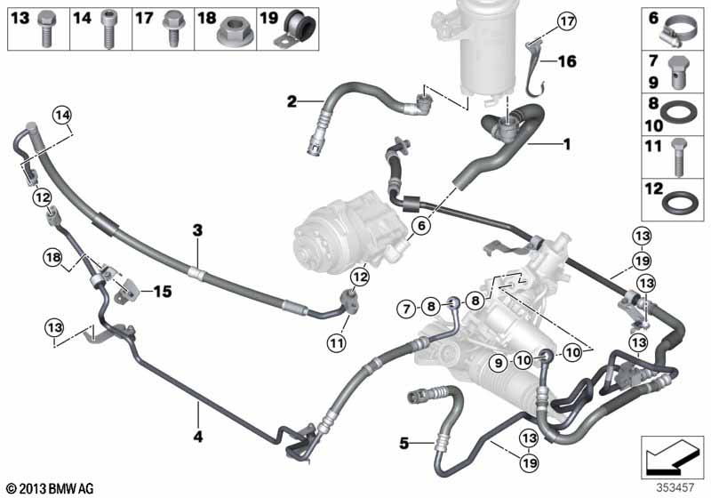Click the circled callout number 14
(62, 116)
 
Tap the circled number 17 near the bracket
(567, 20)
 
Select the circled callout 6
(421, 225)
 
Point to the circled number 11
(336, 343)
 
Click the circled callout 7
(406, 309)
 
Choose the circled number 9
(499, 363)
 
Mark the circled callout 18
(53, 258)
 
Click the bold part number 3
(197, 230)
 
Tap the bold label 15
(163, 291)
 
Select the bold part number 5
(404, 443)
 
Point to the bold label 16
(567, 61)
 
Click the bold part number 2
(292, 101)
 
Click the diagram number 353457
(675, 487)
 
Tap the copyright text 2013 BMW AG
(51, 488)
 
